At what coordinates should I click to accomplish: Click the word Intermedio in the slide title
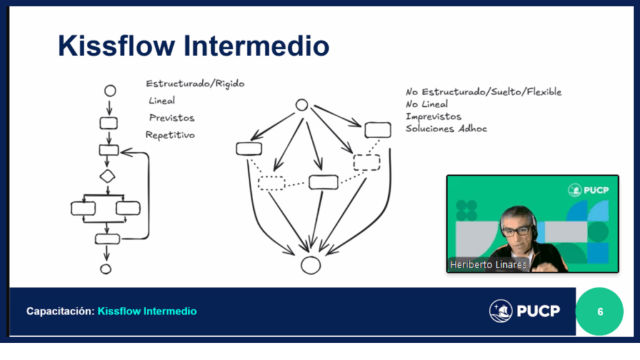click(x=261, y=47)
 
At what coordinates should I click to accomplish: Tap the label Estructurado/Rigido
click(x=195, y=84)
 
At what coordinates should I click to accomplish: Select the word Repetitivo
click(x=170, y=134)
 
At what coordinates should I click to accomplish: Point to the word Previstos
click(x=172, y=117)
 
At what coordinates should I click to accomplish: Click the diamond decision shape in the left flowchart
click(x=108, y=176)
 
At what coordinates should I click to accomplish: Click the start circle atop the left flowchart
click(x=110, y=91)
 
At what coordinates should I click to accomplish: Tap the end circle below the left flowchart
click(x=106, y=269)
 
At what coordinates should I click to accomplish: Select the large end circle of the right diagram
click(x=311, y=265)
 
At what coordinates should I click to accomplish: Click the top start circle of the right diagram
click(x=301, y=105)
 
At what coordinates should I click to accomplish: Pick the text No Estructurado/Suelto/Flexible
click(x=483, y=92)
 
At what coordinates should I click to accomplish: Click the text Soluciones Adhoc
click(x=446, y=129)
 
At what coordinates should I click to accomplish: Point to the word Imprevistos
click(x=433, y=116)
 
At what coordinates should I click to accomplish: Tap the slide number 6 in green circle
click(x=600, y=311)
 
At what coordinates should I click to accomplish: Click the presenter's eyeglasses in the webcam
click(x=516, y=231)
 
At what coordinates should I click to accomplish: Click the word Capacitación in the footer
click(x=60, y=311)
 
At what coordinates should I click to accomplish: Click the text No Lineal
click(x=427, y=104)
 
